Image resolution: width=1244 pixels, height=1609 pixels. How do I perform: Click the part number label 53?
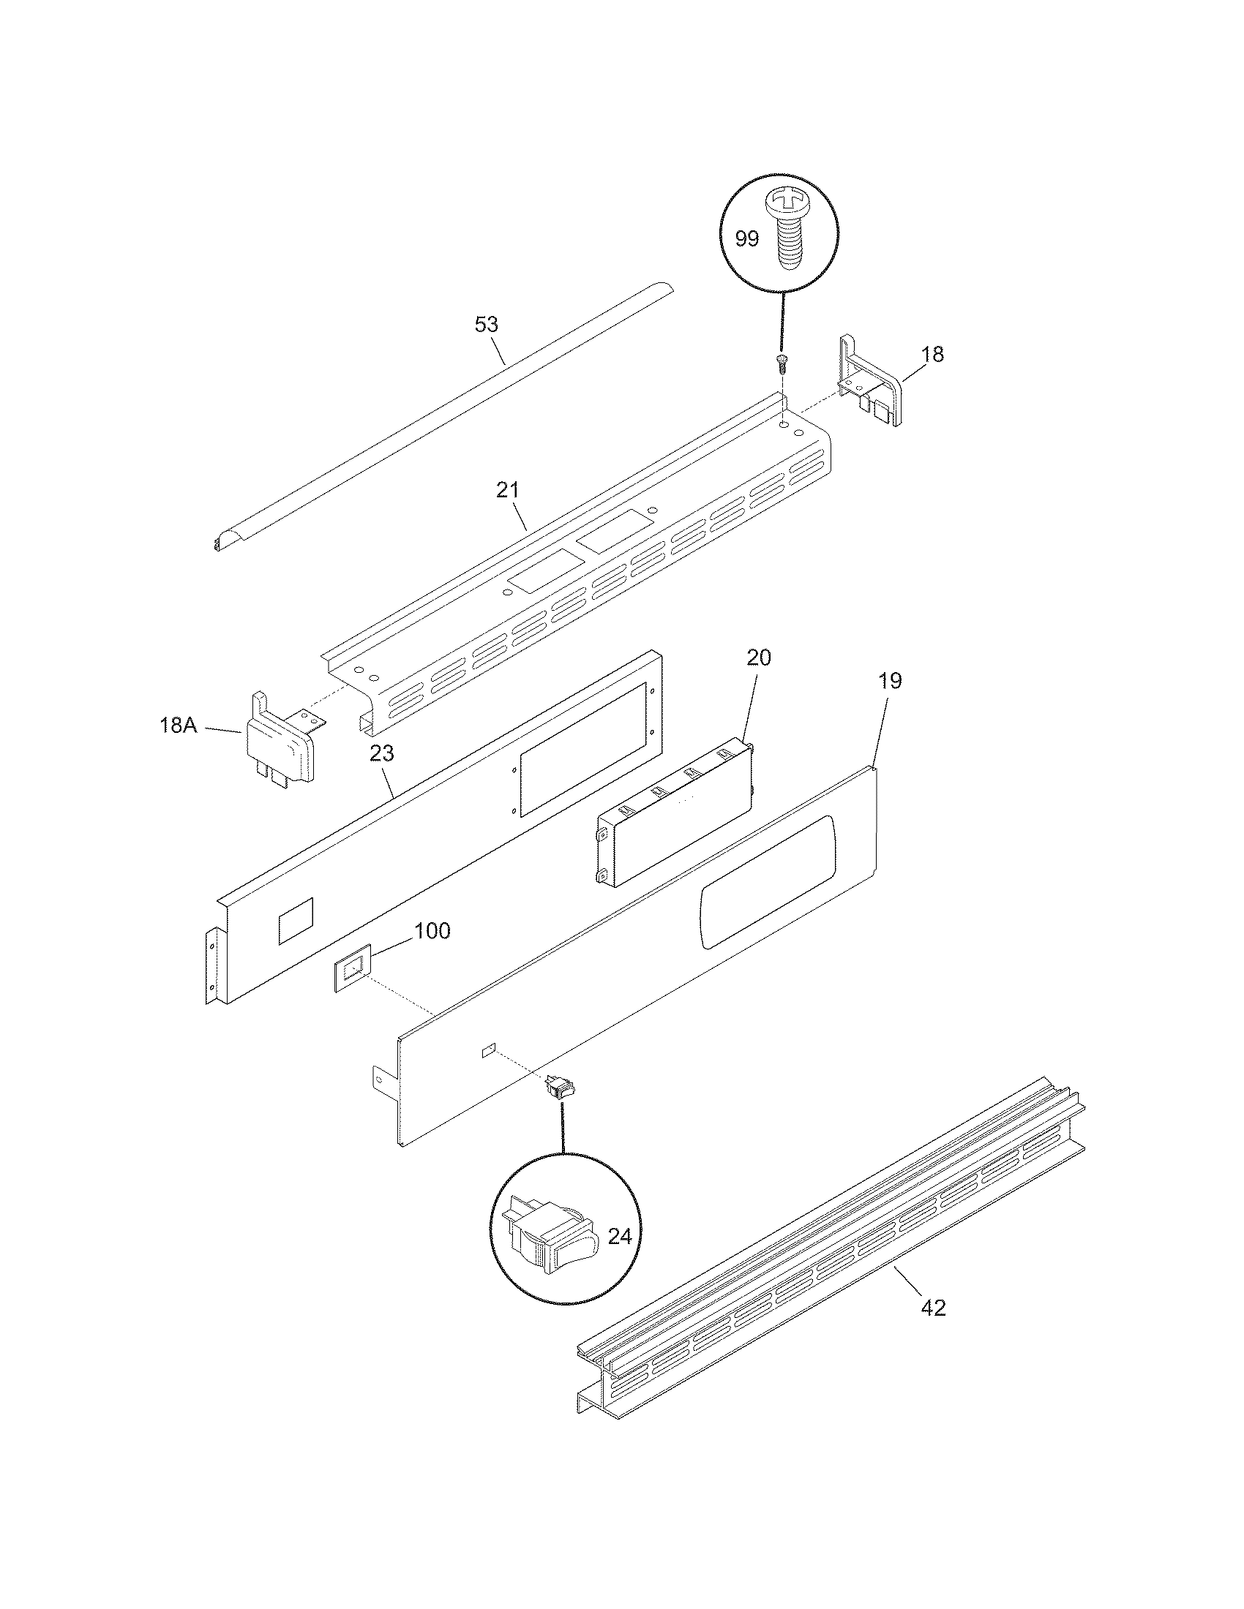tap(486, 324)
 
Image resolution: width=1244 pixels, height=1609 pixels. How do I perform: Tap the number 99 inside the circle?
tap(746, 238)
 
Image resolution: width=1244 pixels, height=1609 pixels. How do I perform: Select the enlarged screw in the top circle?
tap(787, 229)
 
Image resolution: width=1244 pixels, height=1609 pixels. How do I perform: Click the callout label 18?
tap(932, 355)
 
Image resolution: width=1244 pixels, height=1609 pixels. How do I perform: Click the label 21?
tap(507, 490)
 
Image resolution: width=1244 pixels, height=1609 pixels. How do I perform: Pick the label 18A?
tap(179, 725)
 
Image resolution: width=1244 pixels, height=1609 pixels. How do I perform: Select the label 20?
tap(758, 658)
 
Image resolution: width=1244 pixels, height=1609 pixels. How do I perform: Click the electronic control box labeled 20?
tap(675, 810)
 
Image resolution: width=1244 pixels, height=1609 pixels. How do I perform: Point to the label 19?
tap(891, 681)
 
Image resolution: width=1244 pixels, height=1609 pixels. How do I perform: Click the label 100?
tap(432, 931)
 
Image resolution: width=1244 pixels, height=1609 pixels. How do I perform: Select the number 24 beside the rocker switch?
tap(620, 1236)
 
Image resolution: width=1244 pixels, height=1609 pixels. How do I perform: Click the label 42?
tap(933, 1308)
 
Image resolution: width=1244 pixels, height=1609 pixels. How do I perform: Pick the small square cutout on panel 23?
tap(295, 921)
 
